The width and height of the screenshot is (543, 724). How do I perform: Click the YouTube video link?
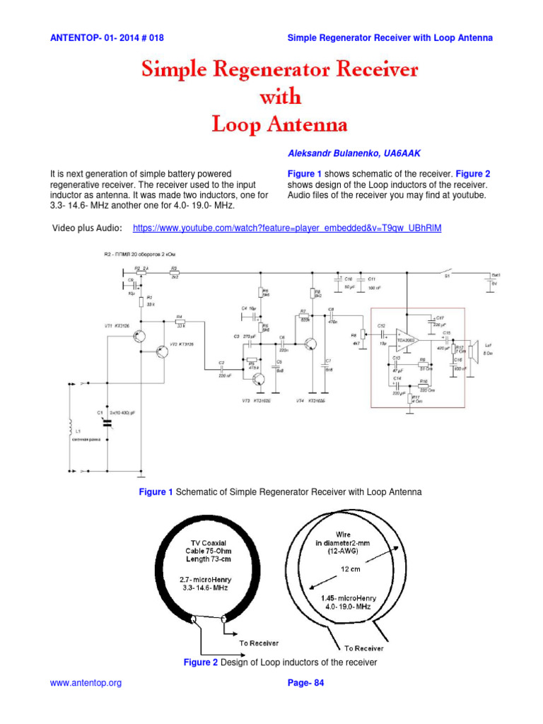click(x=287, y=228)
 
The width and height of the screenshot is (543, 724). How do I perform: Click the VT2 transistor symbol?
click(x=163, y=351)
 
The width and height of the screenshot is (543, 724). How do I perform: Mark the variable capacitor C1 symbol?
click(x=108, y=422)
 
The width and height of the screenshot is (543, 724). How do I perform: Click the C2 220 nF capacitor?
click(x=221, y=368)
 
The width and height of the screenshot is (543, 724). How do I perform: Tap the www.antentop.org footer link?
click(x=86, y=683)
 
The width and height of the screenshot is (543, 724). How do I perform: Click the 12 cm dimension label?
click(x=347, y=569)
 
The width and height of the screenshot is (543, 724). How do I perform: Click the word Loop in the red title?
click(x=238, y=125)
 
